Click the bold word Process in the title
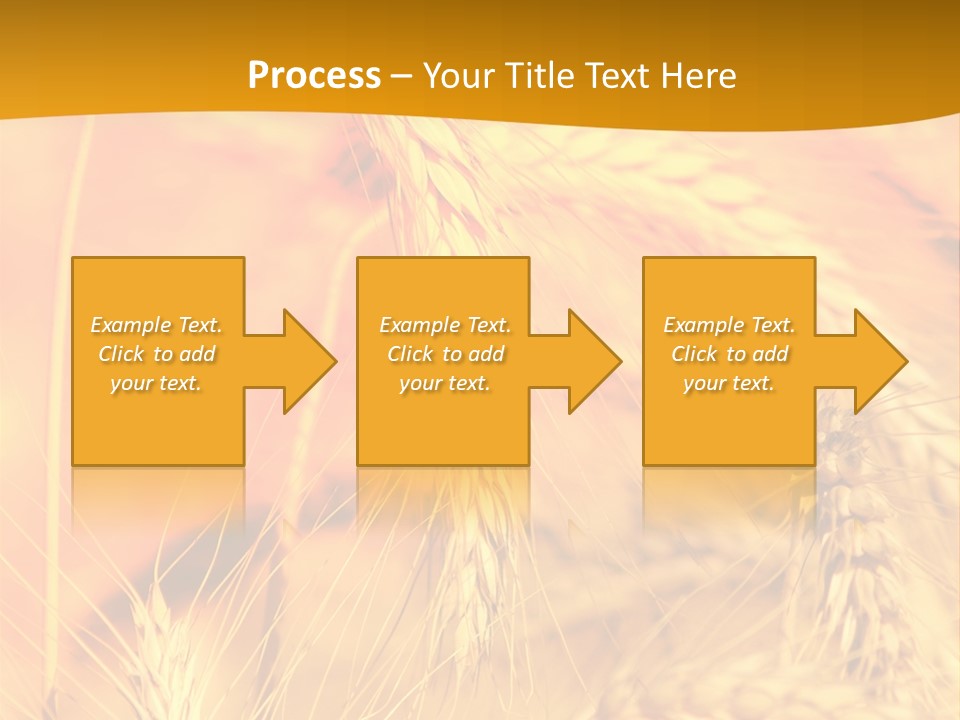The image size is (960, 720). point(314,76)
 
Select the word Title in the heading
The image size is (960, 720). point(546,76)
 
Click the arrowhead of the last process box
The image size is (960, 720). point(879,361)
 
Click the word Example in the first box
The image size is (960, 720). point(130,325)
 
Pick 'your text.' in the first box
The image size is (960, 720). point(156,383)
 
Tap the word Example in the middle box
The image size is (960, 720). point(419,325)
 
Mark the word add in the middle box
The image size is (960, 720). point(485,354)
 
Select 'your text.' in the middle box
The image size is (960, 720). point(445,383)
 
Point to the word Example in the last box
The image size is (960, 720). point(703,325)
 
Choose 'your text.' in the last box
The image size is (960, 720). point(729,383)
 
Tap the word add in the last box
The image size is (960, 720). point(769,354)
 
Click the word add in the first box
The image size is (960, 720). point(196,354)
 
